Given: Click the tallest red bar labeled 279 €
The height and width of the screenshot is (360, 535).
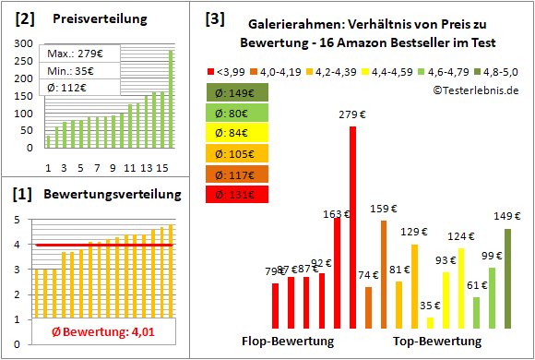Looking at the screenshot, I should click(x=352, y=226).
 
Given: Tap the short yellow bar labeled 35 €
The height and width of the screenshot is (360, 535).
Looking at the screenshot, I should click(x=430, y=322).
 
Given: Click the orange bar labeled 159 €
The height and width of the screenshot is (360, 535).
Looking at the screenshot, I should click(x=384, y=274).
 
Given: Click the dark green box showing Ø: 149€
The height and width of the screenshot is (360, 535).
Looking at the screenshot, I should click(x=239, y=92).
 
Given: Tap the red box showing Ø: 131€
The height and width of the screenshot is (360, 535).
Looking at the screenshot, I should click(x=239, y=194).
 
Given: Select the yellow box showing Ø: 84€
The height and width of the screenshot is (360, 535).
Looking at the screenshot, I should click(x=239, y=133).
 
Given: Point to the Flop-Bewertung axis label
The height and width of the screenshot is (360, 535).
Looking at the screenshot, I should click(x=287, y=342).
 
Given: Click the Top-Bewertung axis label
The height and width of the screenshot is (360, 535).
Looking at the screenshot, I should click(x=437, y=342).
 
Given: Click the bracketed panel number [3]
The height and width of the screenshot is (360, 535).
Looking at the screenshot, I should click(x=215, y=18).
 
